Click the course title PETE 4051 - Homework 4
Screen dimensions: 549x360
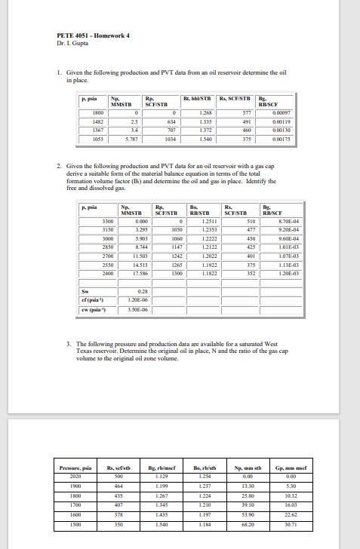tap(88, 35)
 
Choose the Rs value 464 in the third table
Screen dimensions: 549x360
tap(118, 486)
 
